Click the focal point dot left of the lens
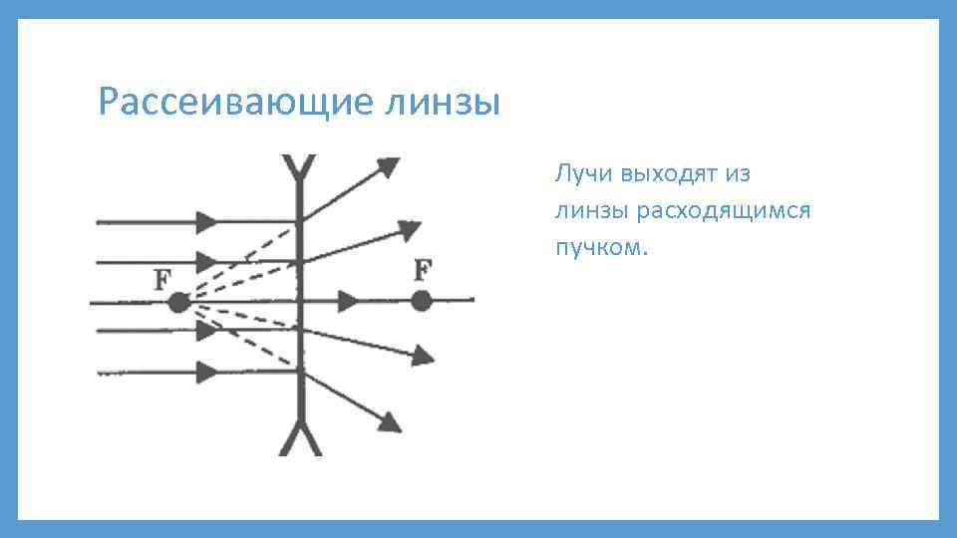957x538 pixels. point(178,302)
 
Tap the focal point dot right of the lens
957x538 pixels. point(421,300)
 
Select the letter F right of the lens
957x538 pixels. point(424,269)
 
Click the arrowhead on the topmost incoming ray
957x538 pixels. point(208,219)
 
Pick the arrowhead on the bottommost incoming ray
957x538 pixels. point(208,373)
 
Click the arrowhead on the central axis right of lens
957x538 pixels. point(350,300)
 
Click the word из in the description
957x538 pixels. point(738,173)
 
